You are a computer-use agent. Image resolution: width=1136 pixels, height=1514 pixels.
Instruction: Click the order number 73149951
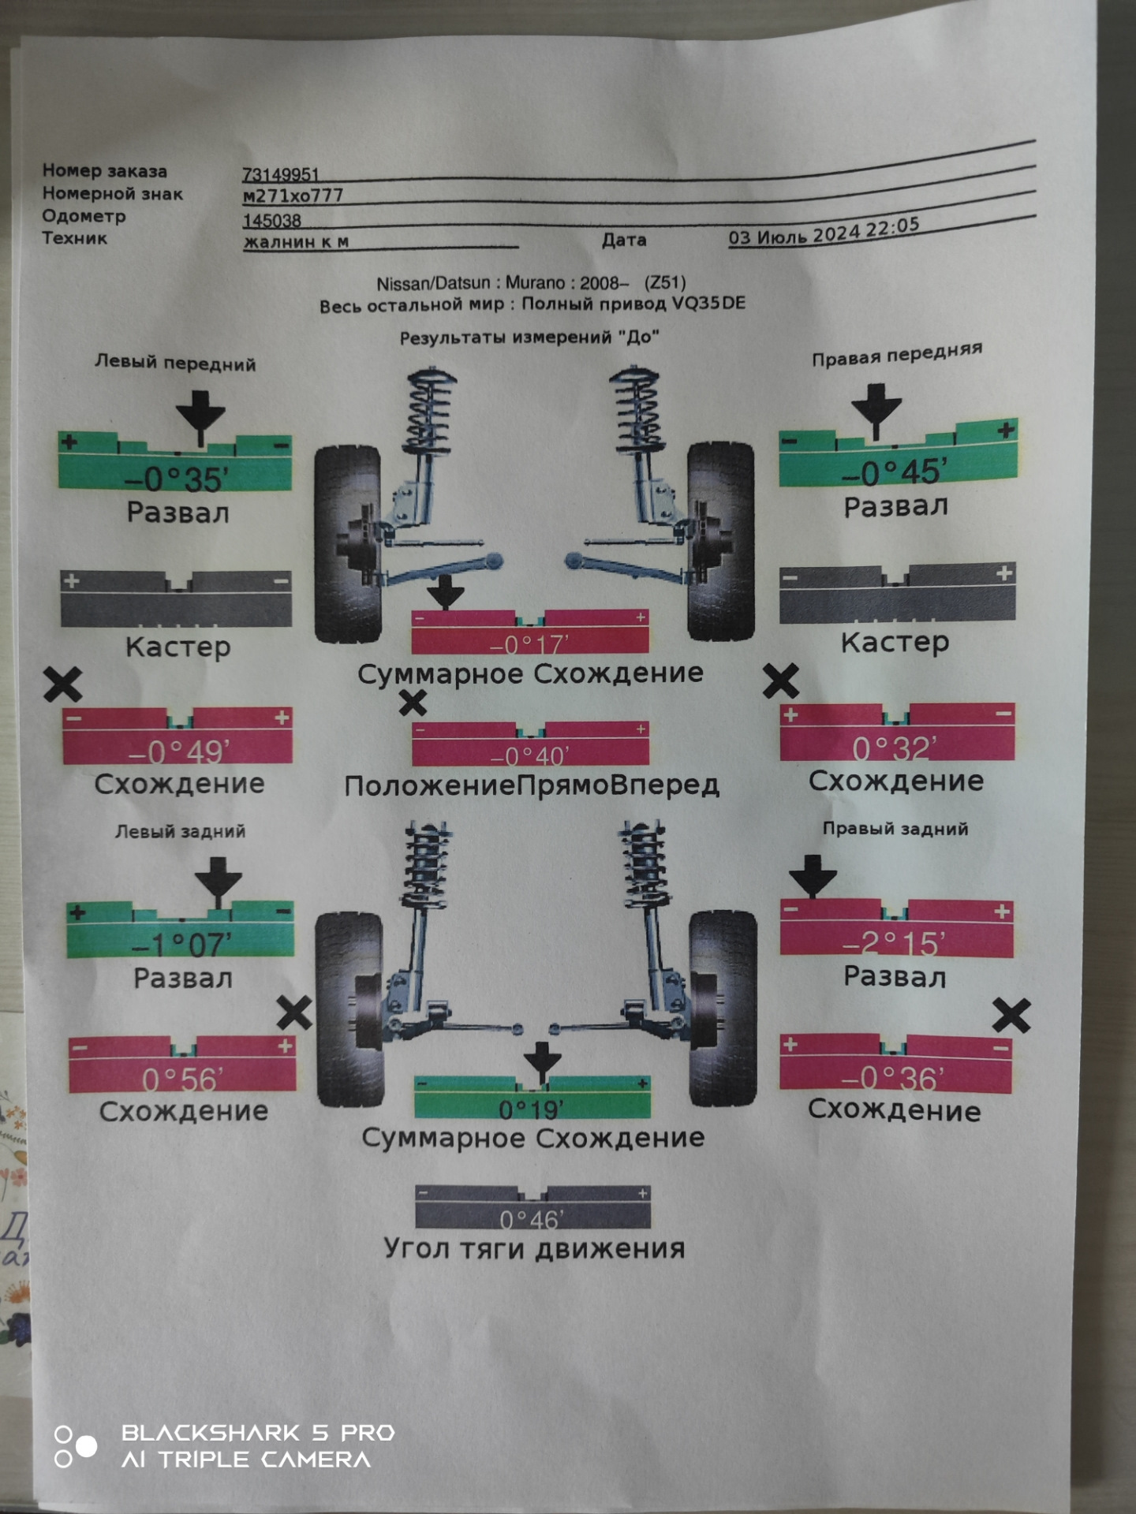point(280,174)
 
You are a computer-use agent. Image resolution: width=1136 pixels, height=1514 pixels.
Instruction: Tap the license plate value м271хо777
point(293,196)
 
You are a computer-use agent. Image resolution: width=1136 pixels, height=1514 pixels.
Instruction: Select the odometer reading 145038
point(271,221)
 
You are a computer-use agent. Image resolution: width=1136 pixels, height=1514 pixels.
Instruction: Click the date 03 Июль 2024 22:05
point(823,232)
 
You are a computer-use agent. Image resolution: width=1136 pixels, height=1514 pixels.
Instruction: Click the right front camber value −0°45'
point(893,472)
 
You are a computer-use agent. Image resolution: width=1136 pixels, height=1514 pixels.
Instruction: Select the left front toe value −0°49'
point(178,752)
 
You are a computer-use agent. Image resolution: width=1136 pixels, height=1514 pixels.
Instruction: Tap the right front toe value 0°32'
point(895,748)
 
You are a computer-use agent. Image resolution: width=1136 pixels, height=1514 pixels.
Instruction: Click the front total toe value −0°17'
point(529,645)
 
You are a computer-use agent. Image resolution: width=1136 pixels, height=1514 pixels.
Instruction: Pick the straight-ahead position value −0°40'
point(529,756)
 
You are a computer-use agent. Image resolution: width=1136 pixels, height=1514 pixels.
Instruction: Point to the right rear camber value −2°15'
point(893,943)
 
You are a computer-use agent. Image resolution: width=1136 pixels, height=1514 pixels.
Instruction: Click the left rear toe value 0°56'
point(182,1079)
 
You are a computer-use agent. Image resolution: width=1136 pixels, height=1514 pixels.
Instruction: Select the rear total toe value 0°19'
point(532,1109)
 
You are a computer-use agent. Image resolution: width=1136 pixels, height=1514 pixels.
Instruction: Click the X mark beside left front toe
point(63,684)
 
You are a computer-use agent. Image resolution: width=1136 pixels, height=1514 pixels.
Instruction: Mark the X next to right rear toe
point(1011,1016)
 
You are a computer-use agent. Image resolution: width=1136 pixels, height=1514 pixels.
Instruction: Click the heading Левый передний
point(175,364)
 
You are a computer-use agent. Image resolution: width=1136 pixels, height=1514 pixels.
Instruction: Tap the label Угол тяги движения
point(534,1248)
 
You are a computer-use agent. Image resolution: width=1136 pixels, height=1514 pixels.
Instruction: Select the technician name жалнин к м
point(296,242)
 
